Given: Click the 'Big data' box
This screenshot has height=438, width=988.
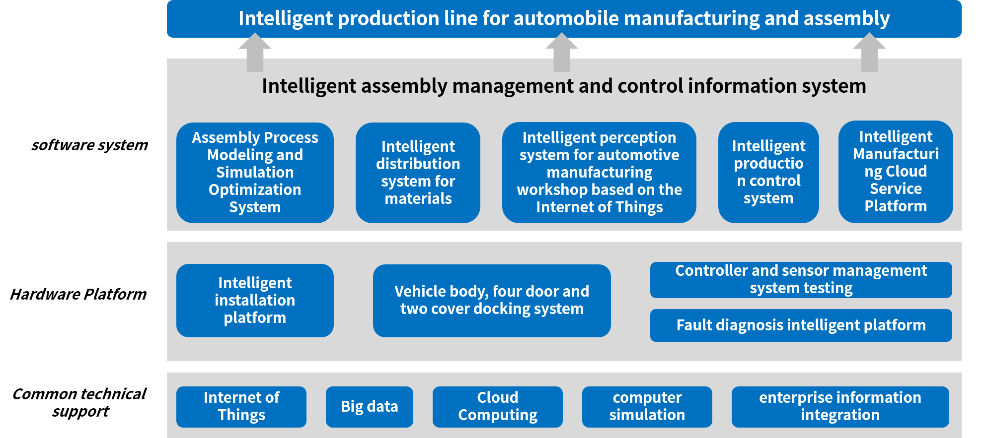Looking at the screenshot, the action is pos(370,407).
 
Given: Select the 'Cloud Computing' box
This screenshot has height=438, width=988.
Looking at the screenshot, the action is pos(498,407).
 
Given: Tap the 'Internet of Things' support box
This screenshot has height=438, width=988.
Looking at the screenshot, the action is pos(241,407).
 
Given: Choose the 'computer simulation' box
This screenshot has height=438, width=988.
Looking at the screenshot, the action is pos(647,407).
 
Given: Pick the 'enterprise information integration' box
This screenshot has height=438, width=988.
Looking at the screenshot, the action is pos(840,407).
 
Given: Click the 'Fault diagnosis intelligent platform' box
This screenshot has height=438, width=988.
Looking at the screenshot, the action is pos(801,325).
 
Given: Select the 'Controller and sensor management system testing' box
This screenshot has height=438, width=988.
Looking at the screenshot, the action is pos(801,280).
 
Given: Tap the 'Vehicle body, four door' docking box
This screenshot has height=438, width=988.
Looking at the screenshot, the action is pos(492,301).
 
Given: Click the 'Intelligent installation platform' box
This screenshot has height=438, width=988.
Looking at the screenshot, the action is pos(255,301).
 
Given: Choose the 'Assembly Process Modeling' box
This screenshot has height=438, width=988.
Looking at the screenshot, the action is pos(255,173).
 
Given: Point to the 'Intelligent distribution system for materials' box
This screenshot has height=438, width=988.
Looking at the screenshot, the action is pos(418,173).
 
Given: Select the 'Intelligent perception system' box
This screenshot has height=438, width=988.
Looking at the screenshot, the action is pos(599,173).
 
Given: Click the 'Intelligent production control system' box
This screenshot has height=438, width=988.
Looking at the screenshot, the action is pos(768,173).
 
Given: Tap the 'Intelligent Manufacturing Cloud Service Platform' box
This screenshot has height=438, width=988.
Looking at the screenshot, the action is pos(896,172).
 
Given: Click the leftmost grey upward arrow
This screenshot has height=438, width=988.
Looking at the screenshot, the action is pos(255,53).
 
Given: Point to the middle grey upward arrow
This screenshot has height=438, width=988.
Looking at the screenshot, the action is pos(562,53).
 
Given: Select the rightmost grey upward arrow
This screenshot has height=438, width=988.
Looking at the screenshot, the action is pos(869,53).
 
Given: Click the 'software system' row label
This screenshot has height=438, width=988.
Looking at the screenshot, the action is pos(90,145).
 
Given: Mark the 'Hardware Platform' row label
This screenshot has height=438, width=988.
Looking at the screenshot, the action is pos(78,294).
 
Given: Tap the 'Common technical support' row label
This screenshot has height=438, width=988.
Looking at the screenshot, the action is pos(79,402).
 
